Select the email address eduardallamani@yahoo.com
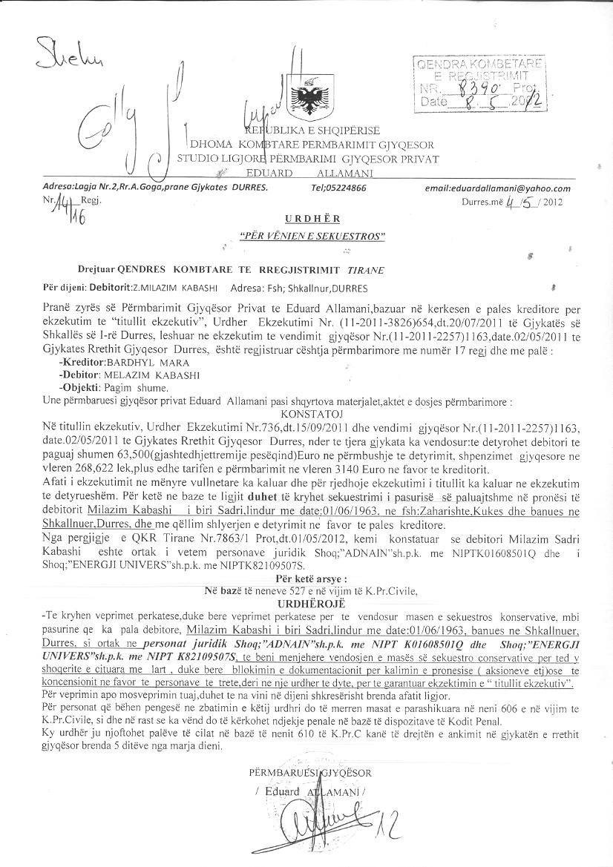(x=497, y=188)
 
